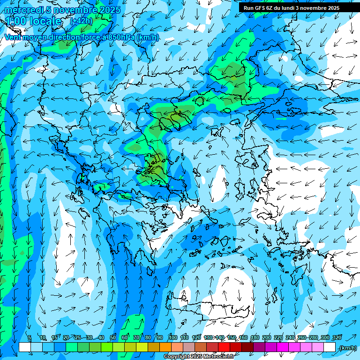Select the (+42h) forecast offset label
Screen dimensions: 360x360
pos(81,21)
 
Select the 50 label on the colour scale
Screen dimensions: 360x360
pos(113,337)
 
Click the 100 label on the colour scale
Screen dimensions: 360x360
pos(172,337)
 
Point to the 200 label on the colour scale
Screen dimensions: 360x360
pos(267,337)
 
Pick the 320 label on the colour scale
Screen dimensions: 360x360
pos(337,337)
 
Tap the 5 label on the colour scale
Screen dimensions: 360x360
pos(29,337)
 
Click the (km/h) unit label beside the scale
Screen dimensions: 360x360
pos(348,348)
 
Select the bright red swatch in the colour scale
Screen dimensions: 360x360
pos(224,347)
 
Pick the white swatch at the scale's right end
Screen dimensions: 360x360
pos(330,347)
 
